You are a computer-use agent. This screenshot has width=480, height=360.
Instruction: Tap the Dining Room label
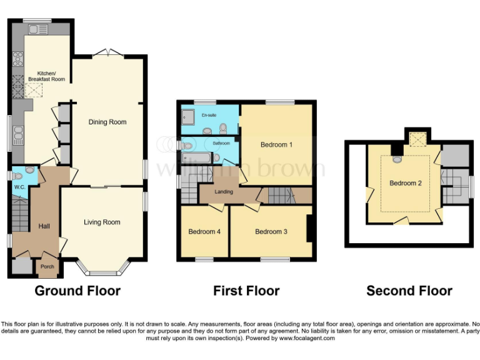pos(107,122)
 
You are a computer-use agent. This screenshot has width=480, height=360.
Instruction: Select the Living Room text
pos(102,222)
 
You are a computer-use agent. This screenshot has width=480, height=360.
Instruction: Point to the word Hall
pos(44,226)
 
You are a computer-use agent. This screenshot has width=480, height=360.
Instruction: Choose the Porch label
pos(47,266)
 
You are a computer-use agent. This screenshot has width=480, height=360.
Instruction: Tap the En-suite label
pos(208,115)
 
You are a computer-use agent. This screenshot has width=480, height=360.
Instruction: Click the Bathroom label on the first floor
pos(221,143)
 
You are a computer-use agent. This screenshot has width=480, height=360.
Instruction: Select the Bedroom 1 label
pos(277,145)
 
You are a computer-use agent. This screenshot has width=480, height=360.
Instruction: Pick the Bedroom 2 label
pos(405,183)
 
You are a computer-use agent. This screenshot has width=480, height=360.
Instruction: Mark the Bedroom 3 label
pos(271,232)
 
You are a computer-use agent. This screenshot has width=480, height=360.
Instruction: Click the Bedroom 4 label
pos(204,232)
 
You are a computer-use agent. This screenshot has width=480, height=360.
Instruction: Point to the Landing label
pos(224,192)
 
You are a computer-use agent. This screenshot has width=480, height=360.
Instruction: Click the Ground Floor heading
pos(77,291)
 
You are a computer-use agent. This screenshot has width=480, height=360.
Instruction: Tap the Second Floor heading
pos(409,291)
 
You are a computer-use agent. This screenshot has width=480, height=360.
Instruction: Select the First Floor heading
pos(246,291)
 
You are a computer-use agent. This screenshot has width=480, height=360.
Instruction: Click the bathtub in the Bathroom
pos(199,158)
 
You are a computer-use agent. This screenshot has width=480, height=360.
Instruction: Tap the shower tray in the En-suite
pos(189,116)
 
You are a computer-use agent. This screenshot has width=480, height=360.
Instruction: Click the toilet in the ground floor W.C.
pos(28,171)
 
